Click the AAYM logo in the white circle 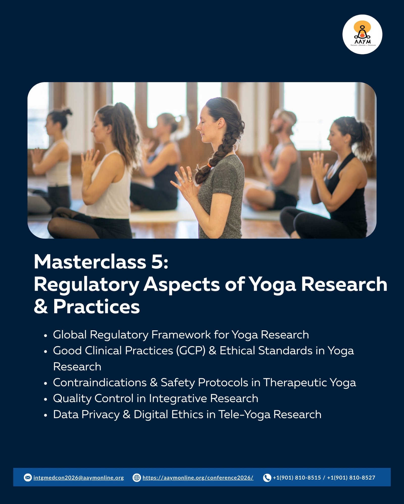pyautogui.click(x=362, y=34)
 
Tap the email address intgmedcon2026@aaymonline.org pyautogui.click(x=79, y=478)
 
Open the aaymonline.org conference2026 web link pyautogui.click(x=198, y=478)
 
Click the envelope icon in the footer pyautogui.click(x=28, y=478)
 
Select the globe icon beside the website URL pyautogui.click(x=137, y=478)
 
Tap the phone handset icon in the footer pyautogui.click(x=267, y=478)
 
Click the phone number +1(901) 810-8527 pyautogui.click(x=351, y=478)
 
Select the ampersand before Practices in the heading pyautogui.click(x=41, y=306)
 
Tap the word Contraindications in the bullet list pyautogui.click(x=100, y=383)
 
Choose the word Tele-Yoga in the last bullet pyautogui.click(x=244, y=415)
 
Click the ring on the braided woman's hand pyautogui.click(x=190, y=179)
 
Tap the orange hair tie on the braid pyautogui.click(x=209, y=165)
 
